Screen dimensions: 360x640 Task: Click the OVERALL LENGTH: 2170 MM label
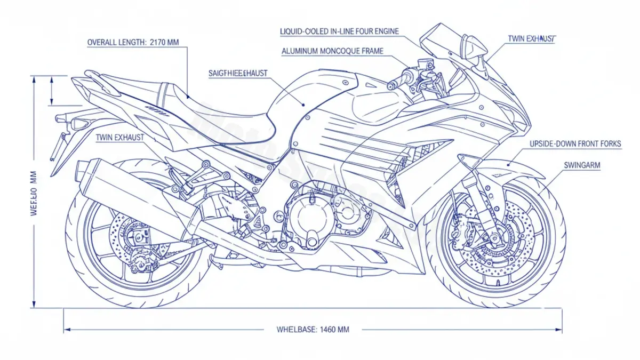133,43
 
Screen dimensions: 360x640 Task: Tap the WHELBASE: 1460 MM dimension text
313,330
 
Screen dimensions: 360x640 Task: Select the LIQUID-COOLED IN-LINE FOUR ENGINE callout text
339,31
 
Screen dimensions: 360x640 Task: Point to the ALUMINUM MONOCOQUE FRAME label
332,51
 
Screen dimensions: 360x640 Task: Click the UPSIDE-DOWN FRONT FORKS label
575,144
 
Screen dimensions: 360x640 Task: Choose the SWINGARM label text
582,165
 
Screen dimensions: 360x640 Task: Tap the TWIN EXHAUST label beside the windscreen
531,39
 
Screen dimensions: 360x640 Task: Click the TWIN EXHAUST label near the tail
120,138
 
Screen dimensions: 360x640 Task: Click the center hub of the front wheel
495,238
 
